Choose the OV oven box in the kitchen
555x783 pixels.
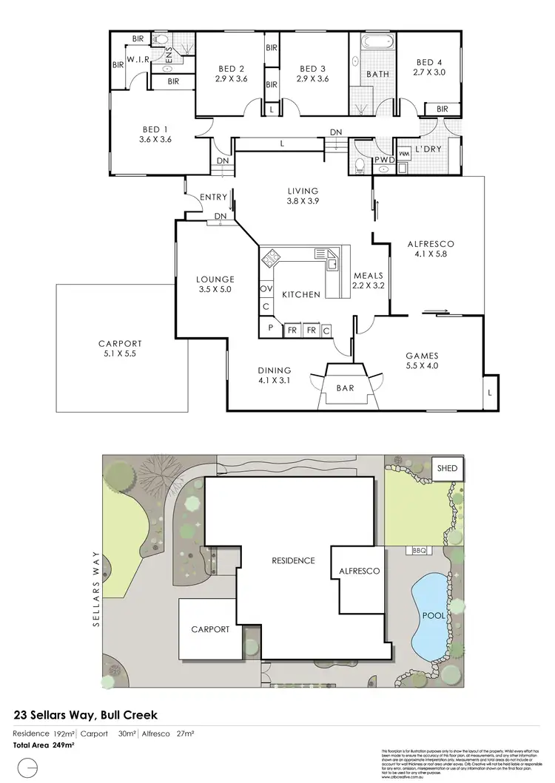pyautogui.click(x=266, y=288)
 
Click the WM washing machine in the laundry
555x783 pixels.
pyautogui.click(x=404, y=154)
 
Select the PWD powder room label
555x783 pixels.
pyautogui.click(x=384, y=160)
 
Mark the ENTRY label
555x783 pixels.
pyautogui.click(x=215, y=197)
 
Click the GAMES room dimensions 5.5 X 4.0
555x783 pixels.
pyautogui.click(x=423, y=365)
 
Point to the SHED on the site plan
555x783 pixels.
pyautogui.click(x=447, y=469)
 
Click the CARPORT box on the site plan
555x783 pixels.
pyautogui.click(x=211, y=629)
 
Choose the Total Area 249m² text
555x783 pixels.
pyautogui.click(x=44, y=745)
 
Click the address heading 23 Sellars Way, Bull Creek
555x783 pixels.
pyautogui.click(x=86, y=715)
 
